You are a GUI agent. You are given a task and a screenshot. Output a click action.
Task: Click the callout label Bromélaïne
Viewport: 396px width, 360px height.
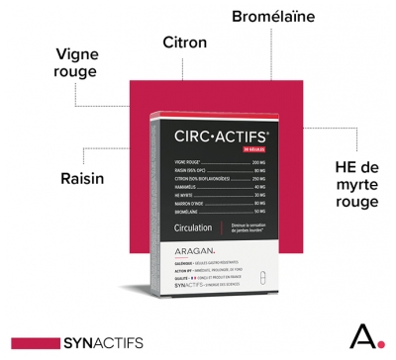[x=273, y=16]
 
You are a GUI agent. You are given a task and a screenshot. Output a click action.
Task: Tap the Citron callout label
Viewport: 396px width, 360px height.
[x=184, y=43]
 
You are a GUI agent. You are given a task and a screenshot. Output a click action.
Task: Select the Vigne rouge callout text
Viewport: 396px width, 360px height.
[x=76, y=62]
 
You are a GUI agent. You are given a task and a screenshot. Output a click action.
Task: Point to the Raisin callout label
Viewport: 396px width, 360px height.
[x=52, y=178]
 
